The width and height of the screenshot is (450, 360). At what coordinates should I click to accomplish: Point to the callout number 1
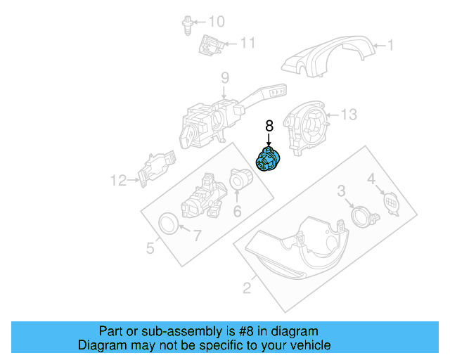click(x=390, y=46)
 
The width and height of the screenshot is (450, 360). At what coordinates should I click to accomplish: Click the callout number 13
click(x=349, y=114)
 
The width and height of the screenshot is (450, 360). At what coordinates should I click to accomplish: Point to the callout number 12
click(x=117, y=181)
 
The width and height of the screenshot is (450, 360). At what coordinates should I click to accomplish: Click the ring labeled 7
click(x=169, y=224)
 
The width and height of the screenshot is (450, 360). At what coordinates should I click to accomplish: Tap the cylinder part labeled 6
click(x=241, y=182)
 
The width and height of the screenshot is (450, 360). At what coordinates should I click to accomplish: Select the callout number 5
click(x=150, y=247)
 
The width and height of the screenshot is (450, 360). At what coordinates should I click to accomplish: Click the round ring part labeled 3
click(x=361, y=214)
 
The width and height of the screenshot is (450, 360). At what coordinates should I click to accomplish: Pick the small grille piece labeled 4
click(x=389, y=202)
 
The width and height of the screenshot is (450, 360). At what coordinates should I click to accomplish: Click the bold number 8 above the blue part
click(x=269, y=127)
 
